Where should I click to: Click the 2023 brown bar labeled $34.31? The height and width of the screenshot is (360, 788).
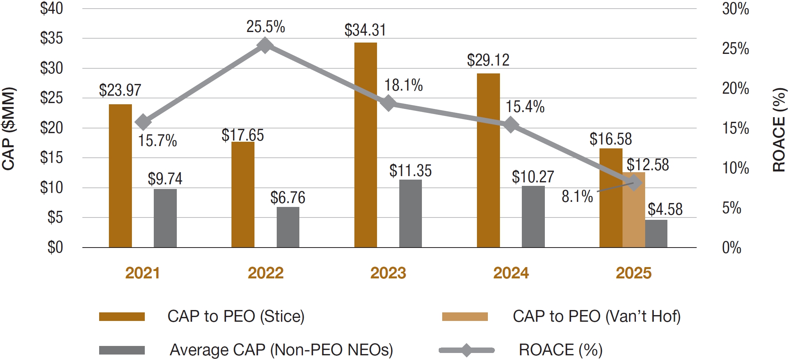click(x=365, y=144)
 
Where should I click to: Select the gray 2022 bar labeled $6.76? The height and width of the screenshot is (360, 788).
click(x=288, y=227)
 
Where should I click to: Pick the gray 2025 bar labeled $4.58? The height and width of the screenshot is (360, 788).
click(x=656, y=233)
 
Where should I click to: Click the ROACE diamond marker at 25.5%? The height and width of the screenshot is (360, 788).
click(x=265, y=45)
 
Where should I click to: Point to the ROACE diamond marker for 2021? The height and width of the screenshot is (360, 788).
click(x=143, y=122)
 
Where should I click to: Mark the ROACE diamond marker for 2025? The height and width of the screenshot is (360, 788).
click(x=634, y=182)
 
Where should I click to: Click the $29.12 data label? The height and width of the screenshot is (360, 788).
click(x=488, y=60)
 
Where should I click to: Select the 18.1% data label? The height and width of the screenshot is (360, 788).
click(x=403, y=85)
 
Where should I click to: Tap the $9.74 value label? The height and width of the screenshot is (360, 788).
click(x=165, y=179)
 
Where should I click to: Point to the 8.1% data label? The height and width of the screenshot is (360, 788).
click(x=577, y=196)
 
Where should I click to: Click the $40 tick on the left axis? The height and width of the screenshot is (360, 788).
click(x=52, y=8)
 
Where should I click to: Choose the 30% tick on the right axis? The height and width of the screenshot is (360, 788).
click(x=735, y=9)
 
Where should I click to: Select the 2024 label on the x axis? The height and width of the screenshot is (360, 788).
click(x=511, y=273)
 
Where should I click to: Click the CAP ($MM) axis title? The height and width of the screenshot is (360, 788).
click(x=9, y=128)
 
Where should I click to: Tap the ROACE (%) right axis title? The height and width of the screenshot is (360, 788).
click(x=779, y=130)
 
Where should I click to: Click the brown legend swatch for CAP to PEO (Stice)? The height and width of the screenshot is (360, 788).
click(x=122, y=316)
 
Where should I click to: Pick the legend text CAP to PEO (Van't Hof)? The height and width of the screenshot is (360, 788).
click(x=596, y=316)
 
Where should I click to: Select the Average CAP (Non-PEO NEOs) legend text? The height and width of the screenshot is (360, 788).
click(x=281, y=349)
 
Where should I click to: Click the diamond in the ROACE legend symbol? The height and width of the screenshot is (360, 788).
click(x=466, y=350)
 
